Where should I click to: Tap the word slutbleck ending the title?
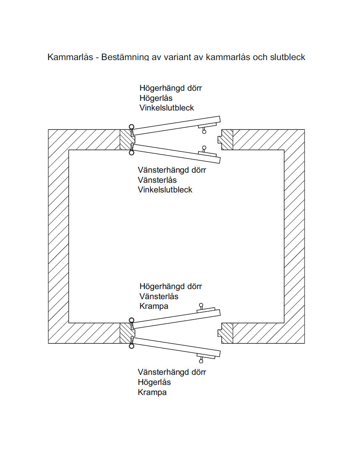pos(286,57)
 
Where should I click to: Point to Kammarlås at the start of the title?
pos(68,57)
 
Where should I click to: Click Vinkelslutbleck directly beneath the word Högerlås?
pos(167,108)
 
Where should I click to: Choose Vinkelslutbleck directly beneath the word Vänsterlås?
pos(165,189)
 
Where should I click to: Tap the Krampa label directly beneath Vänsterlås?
pos(154,306)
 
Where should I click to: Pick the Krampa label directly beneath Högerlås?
pos(152,392)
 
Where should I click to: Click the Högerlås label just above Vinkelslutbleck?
pos(156,98)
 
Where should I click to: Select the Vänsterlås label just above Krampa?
pos(159,297)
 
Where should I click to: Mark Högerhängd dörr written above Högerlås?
pos(171,88)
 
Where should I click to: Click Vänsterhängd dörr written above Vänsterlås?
pos(172,170)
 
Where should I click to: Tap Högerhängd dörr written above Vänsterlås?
pos(171,287)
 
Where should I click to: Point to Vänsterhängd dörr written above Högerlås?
pos(172,372)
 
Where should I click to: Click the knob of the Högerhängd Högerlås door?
pos(204,132)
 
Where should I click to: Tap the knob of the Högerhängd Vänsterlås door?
pos(201,305)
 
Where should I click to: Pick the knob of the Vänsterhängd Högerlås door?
pos(201,361)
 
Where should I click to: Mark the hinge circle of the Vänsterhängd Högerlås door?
pos(131,346)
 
